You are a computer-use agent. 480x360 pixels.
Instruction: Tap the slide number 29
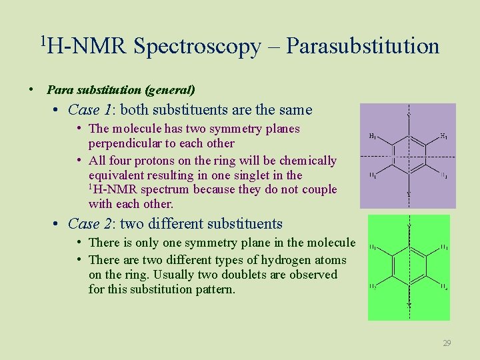447,343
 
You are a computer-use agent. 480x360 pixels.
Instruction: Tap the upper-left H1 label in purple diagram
373,137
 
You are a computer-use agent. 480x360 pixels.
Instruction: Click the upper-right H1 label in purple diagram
443,137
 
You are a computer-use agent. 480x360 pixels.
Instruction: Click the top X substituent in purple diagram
408,113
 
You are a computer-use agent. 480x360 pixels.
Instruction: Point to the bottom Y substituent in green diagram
409,305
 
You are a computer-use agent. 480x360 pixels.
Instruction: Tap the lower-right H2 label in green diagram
443,286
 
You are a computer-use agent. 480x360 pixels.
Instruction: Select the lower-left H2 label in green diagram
374,286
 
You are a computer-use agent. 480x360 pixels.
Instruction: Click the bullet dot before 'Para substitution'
31,89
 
